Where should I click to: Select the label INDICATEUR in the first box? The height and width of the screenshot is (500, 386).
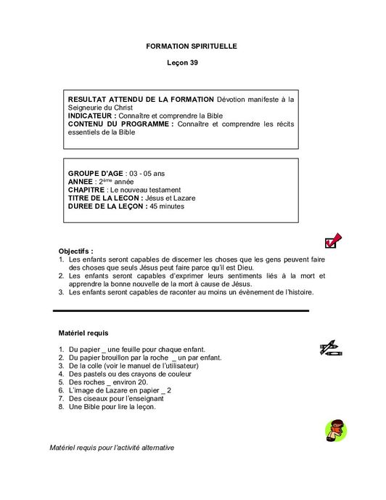point(91,116)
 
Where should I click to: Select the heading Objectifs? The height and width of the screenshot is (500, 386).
point(76,250)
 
